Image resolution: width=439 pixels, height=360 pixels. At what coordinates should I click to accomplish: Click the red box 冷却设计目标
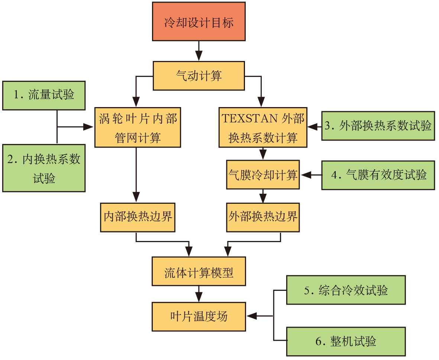point(198,21)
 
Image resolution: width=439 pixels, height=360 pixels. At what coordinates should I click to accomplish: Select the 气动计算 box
point(198,76)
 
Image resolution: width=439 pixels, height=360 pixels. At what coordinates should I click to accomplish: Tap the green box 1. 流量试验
point(44,95)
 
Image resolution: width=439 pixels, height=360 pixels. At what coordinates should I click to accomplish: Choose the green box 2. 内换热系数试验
point(44,168)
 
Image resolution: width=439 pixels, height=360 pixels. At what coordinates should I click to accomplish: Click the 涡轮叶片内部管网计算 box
point(138,128)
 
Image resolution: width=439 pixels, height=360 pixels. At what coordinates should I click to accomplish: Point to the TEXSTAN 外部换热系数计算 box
point(263,128)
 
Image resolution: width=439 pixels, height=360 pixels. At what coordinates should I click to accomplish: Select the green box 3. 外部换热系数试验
point(378,126)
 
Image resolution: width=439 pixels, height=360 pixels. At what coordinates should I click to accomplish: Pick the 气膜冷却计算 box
point(263,175)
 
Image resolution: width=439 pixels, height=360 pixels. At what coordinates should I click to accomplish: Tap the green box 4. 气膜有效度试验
point(378,175)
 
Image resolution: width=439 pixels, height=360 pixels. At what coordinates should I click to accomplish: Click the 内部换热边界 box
point(138,217)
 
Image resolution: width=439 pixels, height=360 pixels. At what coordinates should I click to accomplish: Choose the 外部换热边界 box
point(263,217)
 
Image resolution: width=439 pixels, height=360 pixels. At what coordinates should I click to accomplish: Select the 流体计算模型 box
point(198,271)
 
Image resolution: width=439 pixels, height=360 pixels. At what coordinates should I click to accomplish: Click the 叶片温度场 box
point(198,316)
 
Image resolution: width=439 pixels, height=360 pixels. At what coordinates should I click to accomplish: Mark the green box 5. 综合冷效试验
point(346,290)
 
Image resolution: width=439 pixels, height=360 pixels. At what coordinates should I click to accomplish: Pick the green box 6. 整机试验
point(346,341)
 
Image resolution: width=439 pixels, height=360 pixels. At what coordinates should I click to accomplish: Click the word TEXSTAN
point(249,119)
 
